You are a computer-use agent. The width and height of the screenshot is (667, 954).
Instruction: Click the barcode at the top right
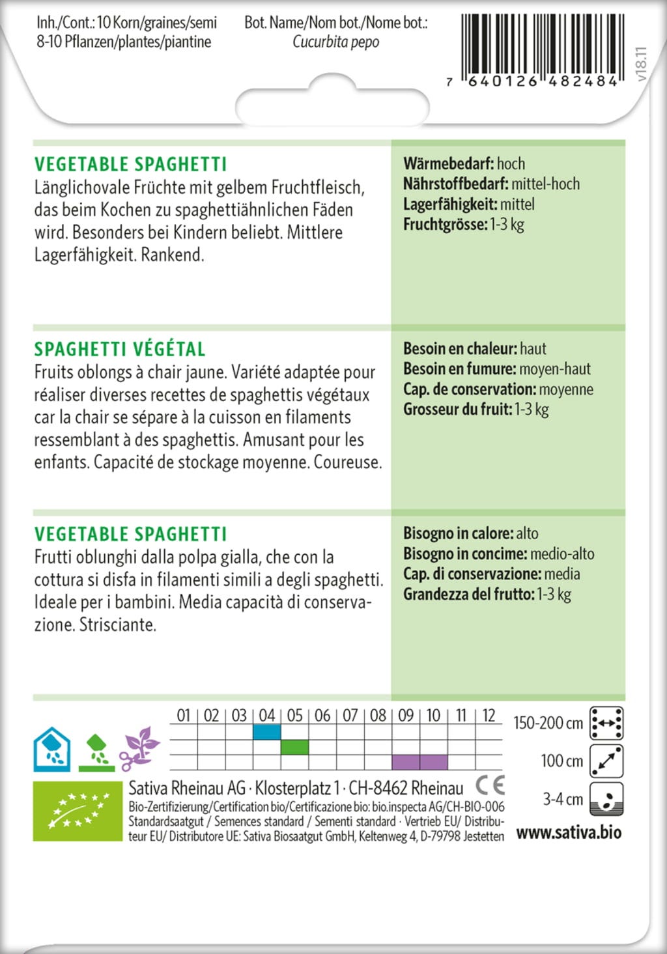(540, 46)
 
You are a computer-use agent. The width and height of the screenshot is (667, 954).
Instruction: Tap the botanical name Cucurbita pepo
(335, 42)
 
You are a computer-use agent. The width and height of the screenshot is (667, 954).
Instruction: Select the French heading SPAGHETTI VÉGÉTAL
(120, 349)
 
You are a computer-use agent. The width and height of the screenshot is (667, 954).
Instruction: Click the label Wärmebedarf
(448, 163)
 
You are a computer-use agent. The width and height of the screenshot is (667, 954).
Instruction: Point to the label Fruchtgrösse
(445, 225)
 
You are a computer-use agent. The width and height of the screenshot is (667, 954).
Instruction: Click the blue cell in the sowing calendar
(266, 733)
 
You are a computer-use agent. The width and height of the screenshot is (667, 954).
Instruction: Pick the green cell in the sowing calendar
(294, 747)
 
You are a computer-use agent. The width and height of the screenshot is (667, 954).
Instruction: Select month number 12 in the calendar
(489, 716)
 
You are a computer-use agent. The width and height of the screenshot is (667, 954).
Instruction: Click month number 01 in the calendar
(184, 716)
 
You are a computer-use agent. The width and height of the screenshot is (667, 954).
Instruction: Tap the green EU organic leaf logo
(78, 811)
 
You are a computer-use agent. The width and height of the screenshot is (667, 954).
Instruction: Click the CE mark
(490, 785)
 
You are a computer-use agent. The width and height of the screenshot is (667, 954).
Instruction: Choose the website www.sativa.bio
(569, 833)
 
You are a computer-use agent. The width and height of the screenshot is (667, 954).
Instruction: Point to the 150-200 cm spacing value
(548, 723)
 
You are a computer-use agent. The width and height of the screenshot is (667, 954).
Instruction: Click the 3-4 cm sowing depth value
(563, 799)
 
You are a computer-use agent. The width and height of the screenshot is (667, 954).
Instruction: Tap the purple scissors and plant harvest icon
(139, 749)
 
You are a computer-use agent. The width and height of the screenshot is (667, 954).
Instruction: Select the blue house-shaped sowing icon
(52, 749)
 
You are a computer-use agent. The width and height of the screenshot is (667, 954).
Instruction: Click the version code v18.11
(641, 64)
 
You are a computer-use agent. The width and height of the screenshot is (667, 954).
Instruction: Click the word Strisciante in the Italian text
(118, 625)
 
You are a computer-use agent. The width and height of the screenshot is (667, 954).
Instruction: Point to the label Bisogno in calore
(457, 533)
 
